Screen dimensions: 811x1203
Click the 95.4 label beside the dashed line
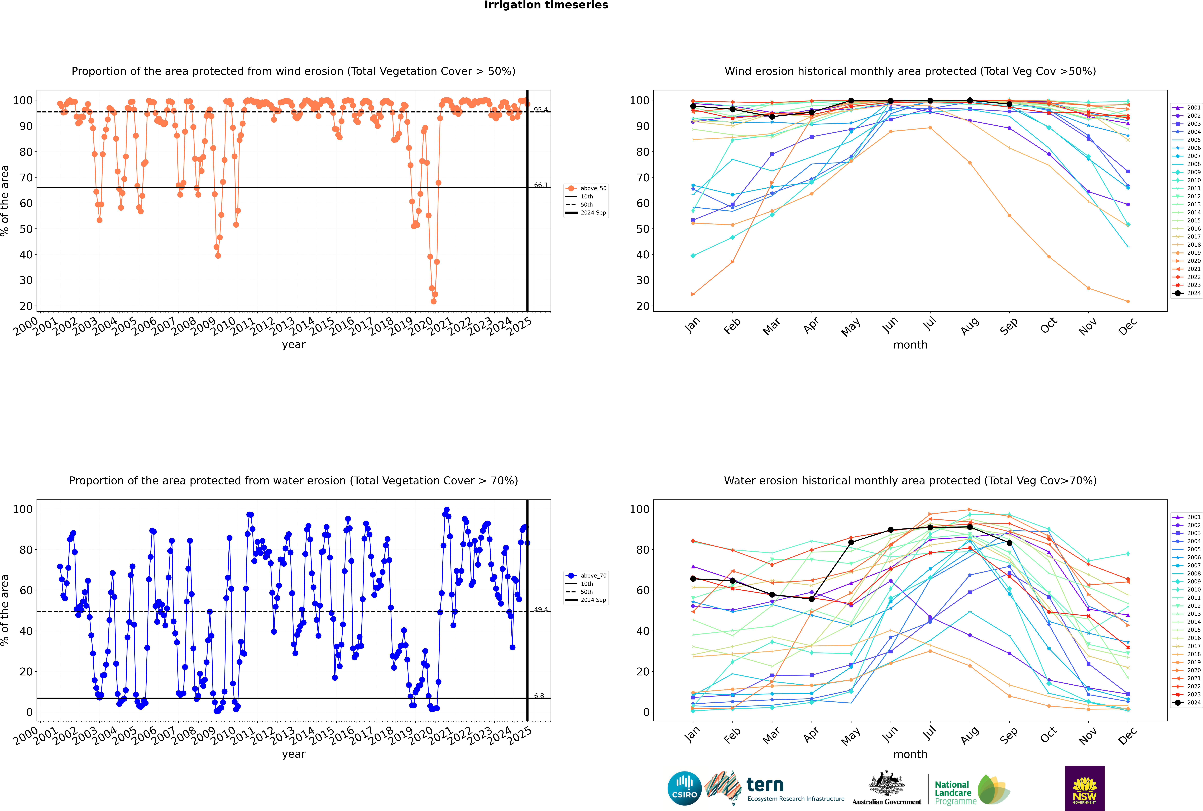(540, 110)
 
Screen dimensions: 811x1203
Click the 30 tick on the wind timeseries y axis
(26, 280)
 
